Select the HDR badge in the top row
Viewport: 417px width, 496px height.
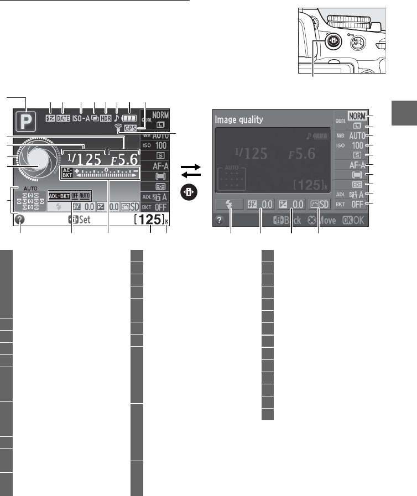105,118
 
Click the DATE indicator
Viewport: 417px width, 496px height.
62,118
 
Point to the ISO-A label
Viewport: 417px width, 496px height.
81,118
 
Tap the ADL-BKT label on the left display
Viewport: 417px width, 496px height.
59,196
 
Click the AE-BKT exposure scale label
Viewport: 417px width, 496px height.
67,173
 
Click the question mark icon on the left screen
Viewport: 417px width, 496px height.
20,220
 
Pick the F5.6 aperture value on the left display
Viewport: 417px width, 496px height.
124,159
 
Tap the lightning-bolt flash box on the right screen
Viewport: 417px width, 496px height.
230,204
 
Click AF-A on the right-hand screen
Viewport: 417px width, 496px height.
357,165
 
